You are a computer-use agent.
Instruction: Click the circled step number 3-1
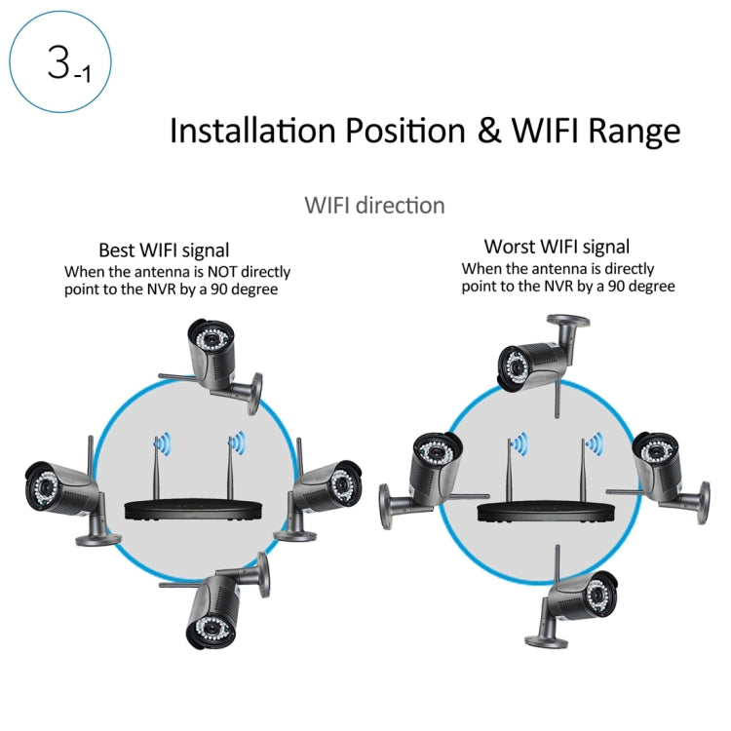pos(60,60)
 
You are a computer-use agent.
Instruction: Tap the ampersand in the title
pos(489,131)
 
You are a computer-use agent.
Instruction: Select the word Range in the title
pos(633,132)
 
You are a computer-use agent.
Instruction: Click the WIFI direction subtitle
pos(374,206)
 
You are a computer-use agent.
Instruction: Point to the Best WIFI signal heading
pos(164,250)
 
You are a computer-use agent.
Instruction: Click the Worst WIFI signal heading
pos(557,247)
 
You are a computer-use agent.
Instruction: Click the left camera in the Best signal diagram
pos(64,492)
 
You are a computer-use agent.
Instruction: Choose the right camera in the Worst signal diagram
pos(663,467)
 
